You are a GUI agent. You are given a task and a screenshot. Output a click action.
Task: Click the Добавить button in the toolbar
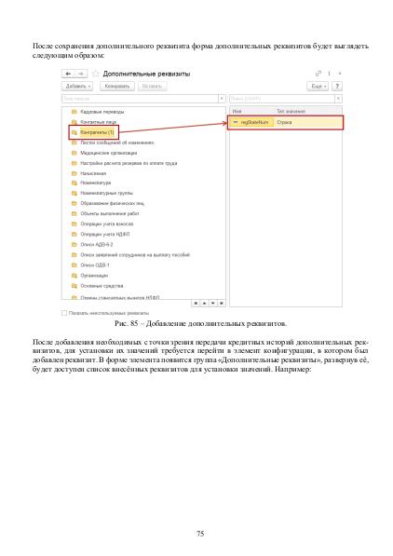75,86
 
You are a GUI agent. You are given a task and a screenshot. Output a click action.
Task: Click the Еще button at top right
318,86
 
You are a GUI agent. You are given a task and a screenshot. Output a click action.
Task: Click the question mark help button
336,86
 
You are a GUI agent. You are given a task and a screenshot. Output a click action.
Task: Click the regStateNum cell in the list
254,122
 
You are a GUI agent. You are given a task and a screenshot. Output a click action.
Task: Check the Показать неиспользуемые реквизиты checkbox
63,313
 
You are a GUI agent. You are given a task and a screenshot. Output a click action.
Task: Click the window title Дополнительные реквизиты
141,72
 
